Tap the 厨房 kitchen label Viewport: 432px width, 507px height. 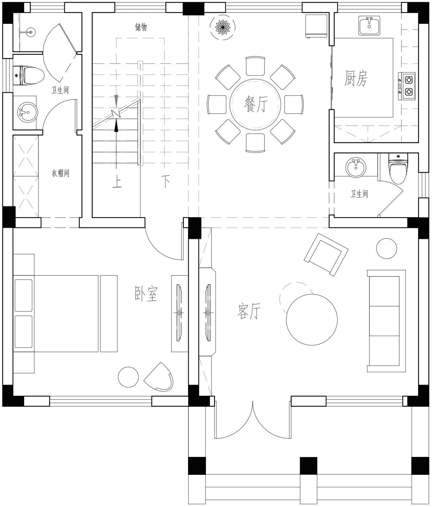click(356, 78)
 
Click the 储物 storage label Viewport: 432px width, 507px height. click(141, 27)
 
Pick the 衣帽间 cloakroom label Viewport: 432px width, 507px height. click(60, 173)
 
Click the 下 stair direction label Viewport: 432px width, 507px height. click(165, 181)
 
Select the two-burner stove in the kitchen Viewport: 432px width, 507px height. click(407, 86)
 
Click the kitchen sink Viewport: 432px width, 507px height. click(369, 26)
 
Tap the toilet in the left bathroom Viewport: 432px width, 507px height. click(29, 75)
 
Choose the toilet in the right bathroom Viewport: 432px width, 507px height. click(398, 168)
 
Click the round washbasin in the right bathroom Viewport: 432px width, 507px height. click(356, 167)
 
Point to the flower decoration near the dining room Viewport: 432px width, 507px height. click(223, 27)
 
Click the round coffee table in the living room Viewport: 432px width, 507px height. click(312, 319)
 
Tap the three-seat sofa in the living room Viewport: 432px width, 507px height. click(386, 321)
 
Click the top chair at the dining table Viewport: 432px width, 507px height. click(255, 66)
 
